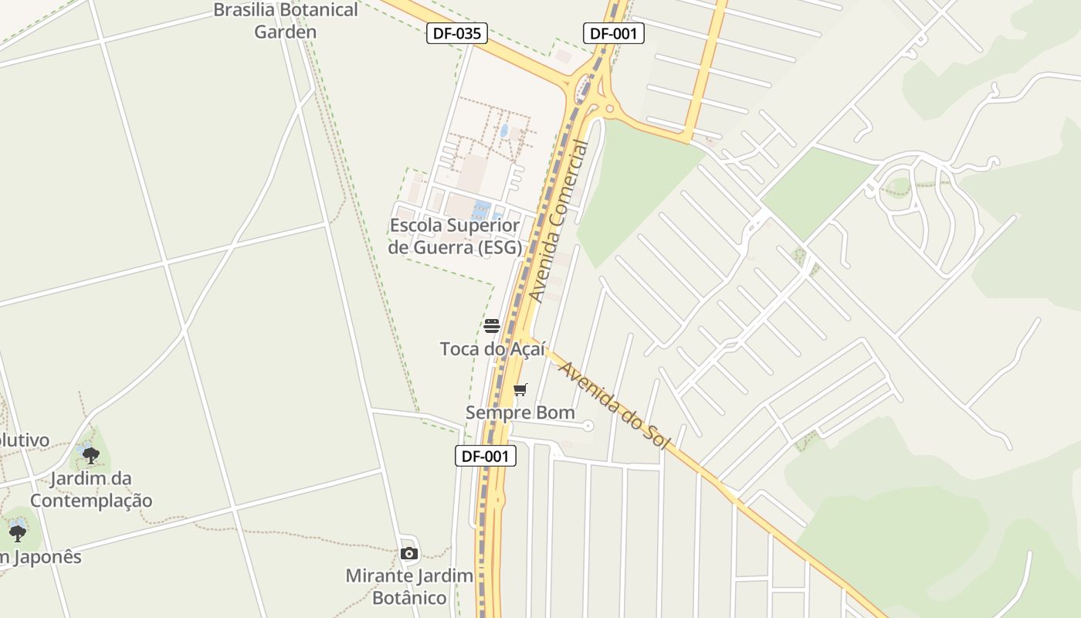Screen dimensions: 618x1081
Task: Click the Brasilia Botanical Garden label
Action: click(286, 21)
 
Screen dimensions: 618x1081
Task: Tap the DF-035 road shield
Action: click(457, 33)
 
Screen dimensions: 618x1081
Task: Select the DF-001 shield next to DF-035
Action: click(613, 33)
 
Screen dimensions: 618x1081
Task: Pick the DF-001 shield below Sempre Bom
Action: click(485, 456)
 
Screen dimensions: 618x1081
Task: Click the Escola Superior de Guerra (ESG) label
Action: click(455, 236)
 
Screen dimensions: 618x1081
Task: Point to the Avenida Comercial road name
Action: click(559, 221)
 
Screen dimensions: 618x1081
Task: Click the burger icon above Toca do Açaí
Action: click(492, 326)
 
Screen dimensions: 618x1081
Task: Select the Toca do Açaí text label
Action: click(493, 349)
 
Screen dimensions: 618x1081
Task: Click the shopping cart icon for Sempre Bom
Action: click(520, 389)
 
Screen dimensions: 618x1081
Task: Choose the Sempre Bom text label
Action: click(520, 413)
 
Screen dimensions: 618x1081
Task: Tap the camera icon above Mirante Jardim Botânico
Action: click(409, 553)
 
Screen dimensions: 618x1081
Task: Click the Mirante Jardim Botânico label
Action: click(409, 586)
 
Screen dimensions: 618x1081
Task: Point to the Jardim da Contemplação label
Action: click(91, 489)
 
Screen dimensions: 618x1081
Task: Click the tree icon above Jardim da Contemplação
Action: click(91, 455)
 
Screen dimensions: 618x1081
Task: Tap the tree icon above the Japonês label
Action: click(18, 532)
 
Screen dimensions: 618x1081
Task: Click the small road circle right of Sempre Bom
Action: click(588, 426)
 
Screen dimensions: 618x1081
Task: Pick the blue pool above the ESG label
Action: click(481, 209)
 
